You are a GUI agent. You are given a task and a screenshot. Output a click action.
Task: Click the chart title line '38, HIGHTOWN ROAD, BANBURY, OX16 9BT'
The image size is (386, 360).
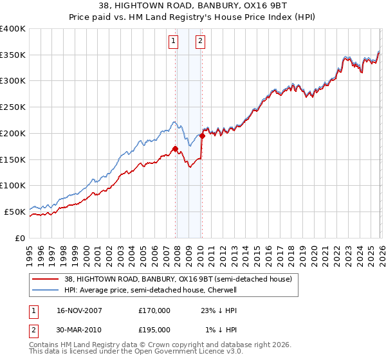click(192, 7)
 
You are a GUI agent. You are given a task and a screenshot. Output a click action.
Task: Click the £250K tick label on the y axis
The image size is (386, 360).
click(13, 107)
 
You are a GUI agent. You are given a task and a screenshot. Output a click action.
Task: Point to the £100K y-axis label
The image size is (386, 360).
click(13, 186)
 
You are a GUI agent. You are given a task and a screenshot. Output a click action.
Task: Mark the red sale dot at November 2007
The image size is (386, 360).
click(175, 148)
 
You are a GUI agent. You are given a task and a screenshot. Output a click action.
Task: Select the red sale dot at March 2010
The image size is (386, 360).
click(202, 136)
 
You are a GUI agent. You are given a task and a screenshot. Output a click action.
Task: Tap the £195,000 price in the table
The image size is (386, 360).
click(154, 329)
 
